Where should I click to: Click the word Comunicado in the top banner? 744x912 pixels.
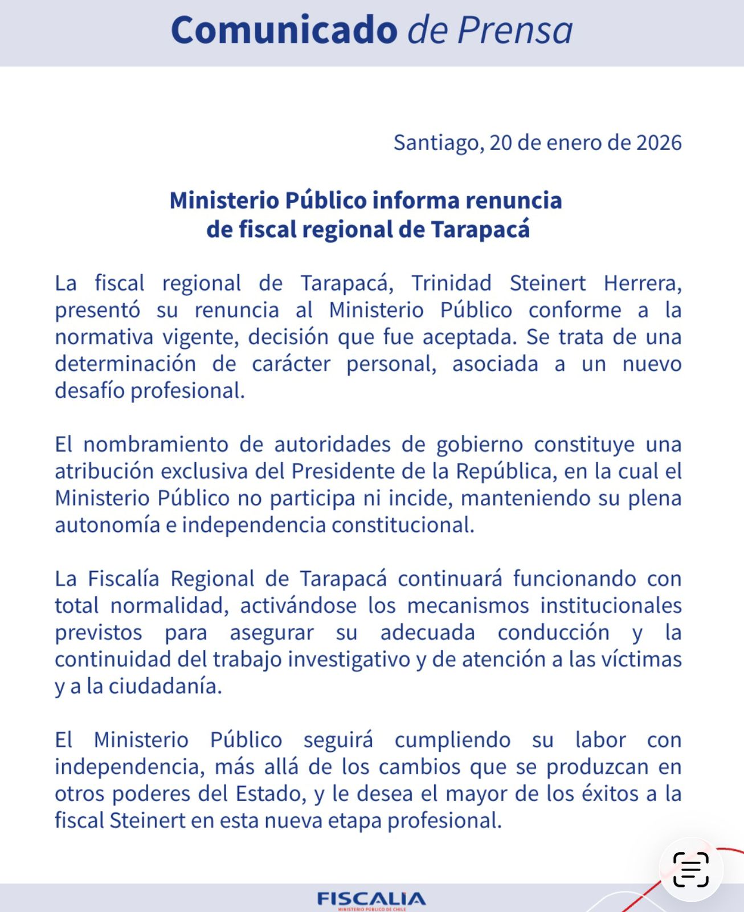pos(284,30)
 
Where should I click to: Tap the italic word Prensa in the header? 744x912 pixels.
pos(515,30)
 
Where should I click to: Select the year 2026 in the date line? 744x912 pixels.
pos(659,142)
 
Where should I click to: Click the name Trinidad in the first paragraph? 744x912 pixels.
pos(451,283)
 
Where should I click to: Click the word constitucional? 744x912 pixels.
pos(403,525)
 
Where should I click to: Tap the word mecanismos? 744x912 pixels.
pos(468,605)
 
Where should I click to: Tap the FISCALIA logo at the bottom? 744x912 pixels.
pos(371,899)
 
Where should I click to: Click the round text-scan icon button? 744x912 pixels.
pos(691,869)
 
